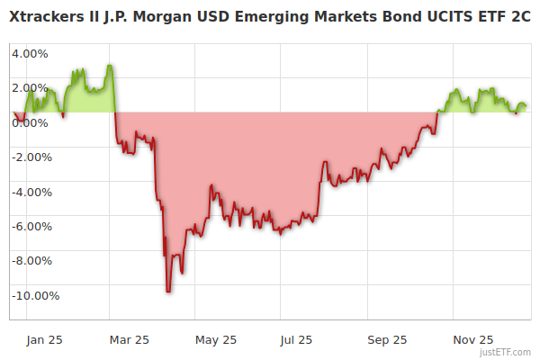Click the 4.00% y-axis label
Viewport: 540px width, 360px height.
coord(29,53)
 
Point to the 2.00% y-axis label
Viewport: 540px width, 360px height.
coord(29,87)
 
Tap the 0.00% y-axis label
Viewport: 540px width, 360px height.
coord(29,122)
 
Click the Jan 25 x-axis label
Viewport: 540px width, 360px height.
coord(44,339)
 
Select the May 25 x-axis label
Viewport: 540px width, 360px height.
coord(215,339)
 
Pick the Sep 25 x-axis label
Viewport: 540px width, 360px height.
coord(387,339)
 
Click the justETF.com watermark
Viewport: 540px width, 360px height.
coord(506,353)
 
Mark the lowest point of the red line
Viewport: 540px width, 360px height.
coord(167,292)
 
